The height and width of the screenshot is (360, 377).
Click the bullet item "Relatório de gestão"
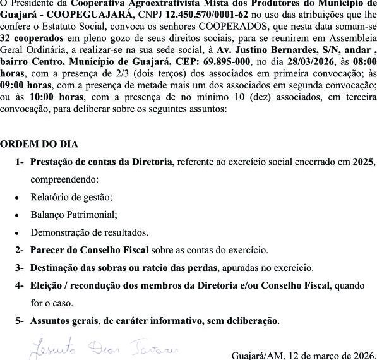pos(71,197)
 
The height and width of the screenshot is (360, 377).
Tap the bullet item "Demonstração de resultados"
pos(89,232)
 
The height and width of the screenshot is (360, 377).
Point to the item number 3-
pos(20,268)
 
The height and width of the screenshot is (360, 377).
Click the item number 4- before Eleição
pos(20,285)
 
